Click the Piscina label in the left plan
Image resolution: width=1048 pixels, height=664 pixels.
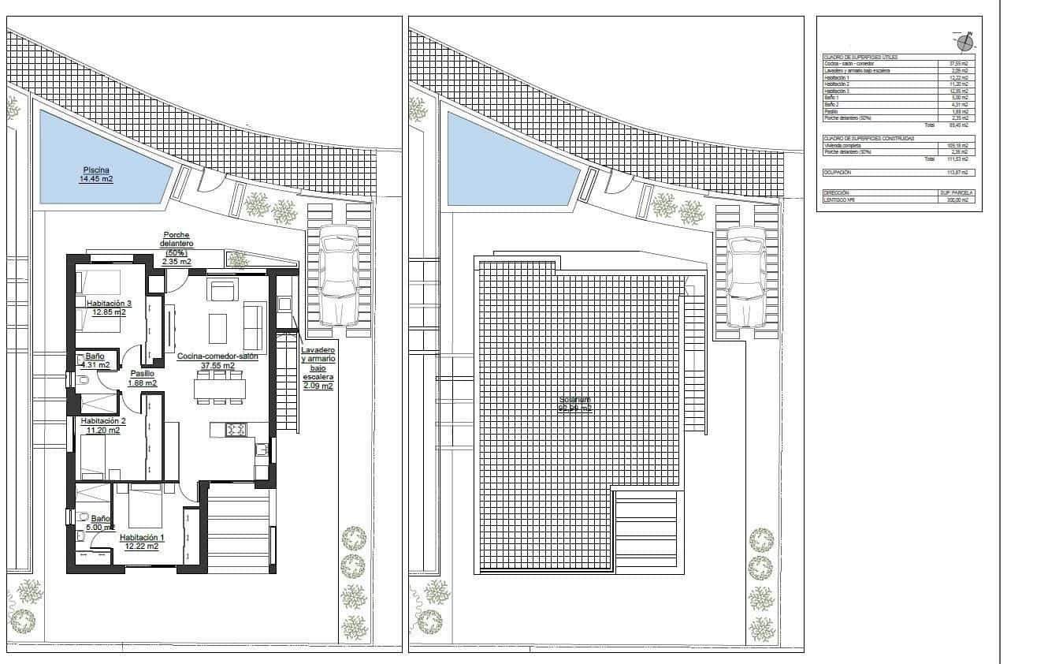(96, 170)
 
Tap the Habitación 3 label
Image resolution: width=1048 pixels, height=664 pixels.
(109, 303)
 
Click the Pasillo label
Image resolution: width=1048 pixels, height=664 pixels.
(142, 374)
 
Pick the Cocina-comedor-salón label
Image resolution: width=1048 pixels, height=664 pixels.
(217, 356)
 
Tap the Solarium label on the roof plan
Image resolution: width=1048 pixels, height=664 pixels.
(575, 400)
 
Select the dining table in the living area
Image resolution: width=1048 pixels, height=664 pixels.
(220, 389)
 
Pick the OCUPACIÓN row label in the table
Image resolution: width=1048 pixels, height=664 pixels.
(838, 172)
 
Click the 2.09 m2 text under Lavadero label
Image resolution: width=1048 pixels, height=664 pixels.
(318, 386)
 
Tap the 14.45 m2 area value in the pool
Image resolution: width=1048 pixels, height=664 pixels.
(96, 179)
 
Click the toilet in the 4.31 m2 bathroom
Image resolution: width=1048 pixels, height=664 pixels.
(84, 381)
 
